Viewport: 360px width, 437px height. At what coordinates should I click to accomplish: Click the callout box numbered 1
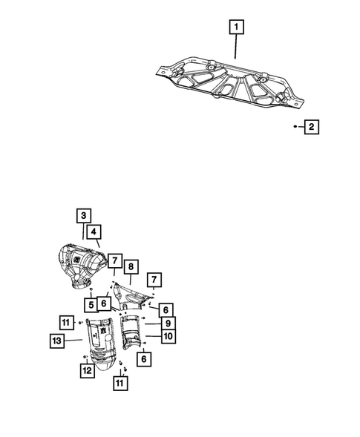pyautogui.click(x=236, y=29)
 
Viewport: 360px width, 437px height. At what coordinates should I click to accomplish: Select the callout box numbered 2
pyautogui.click(x=311, y=128)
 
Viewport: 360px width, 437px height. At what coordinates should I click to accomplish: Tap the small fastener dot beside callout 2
pyautogui.click(x=295, y=128)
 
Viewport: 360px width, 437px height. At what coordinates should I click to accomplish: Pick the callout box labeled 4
pyautogui.click(x=94, y=231)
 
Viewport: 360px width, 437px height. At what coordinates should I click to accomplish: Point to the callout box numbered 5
pyautogui.click(x=88, y=304)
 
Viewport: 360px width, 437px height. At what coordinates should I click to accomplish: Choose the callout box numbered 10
pyautogui.click(x=168, y=336)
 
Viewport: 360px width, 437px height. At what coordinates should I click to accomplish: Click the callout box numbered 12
pyautogui.click(x=88, y=370)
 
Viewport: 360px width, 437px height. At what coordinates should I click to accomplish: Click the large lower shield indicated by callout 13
pyautogui.click(x=102, y=341)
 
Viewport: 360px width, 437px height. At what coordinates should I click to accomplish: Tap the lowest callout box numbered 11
pyautogui.click(x=118, y=384)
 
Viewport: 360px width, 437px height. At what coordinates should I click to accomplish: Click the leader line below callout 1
pyautogui.click(x=236, y=47)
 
